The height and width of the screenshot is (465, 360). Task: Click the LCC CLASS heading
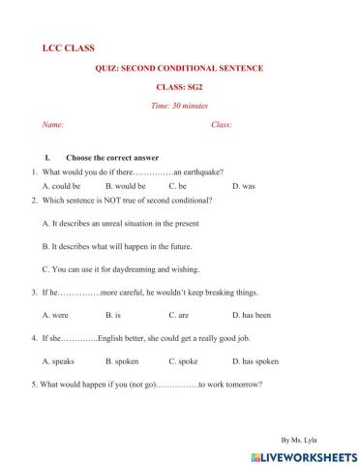click(x=69, y=47)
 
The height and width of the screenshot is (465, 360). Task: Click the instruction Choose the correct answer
click(x=111, y=158)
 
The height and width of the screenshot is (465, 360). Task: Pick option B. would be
click(x=125, y=185)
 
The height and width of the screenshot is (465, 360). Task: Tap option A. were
click(x=56, y=315)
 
